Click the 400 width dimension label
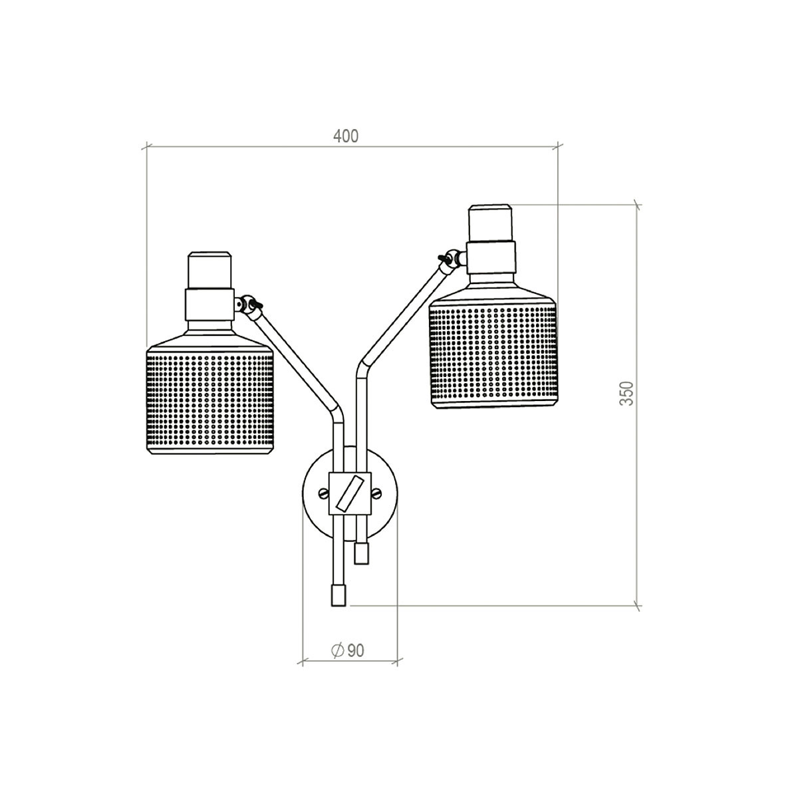point(346,136)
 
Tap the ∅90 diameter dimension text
point(347,650)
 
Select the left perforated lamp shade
point(209,399)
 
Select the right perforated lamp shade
point(492,352)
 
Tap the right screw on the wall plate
point(377,493)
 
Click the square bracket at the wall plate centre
point(350,493)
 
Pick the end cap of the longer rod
point(339,595)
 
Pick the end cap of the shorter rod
point(362,553)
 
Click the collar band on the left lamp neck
point(210,303)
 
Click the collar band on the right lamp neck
point(491,257)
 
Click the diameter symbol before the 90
point(336,650)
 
